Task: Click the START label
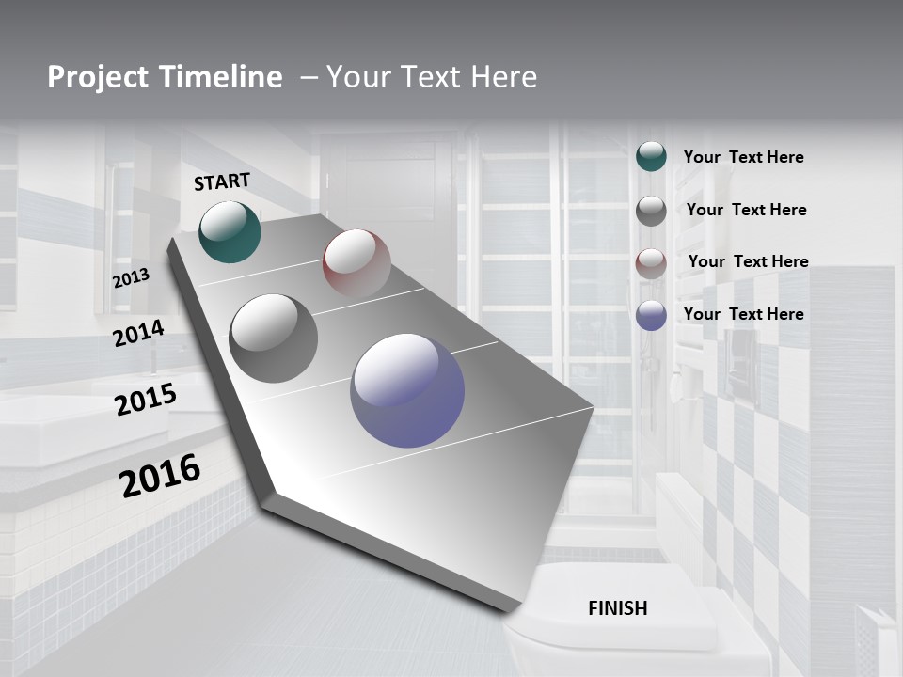(222, 181)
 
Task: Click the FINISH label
(618, 608)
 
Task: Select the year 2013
(131, 278)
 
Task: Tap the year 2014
(138, 333)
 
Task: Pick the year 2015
(146, 400)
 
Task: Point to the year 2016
(160, 476)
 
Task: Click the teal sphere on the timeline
(230, 231)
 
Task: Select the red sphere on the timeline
(356, 262)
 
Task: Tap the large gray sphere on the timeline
(274, 338)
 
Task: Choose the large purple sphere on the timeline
(407, 390)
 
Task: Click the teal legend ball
(651, 156)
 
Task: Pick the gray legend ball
(651, 211)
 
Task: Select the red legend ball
(651, 263)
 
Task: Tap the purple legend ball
(651, 315)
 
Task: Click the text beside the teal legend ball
(743, 157)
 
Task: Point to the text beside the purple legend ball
(743, 314)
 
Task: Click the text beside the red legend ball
(748, 261)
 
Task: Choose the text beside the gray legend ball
(746, 210)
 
